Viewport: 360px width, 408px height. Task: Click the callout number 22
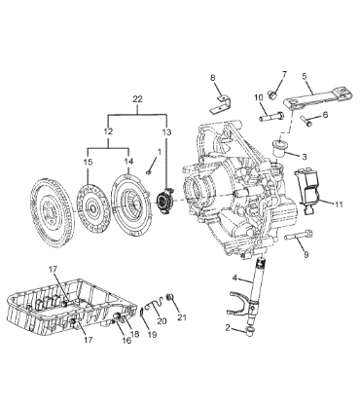point(137,99)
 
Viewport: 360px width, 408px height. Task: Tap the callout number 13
point(166,132)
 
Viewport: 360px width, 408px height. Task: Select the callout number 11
point(339,204)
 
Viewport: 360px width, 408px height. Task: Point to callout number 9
point(306,255)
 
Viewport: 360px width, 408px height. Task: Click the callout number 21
point(182,317)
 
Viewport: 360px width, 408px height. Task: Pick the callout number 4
point(235,278)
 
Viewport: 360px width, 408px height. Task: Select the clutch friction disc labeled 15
point(90,207)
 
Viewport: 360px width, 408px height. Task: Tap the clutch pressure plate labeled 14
point(128,205)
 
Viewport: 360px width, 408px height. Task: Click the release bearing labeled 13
point(163,201)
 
